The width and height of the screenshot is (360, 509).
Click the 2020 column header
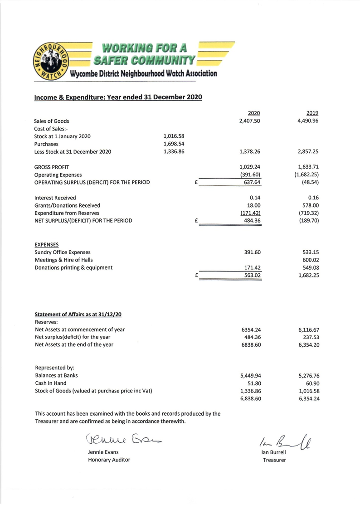(x=253, y=113)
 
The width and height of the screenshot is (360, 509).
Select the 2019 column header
(x=312, y=113)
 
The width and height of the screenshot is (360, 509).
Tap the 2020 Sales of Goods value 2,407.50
(x=250, y=121)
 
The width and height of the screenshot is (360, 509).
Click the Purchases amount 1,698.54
(x=174, y=144)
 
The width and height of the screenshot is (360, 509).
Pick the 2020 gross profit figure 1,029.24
(x=250, y=167)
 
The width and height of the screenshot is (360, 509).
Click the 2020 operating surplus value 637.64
(x=252, y=182)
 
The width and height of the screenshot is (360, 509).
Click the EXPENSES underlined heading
(x=47, y=244)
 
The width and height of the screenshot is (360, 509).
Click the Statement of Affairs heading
(x=79, y=314)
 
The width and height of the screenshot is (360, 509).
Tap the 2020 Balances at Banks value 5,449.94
(x=250, y=375)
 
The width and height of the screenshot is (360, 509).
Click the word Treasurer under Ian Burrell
(x=274, y=460)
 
